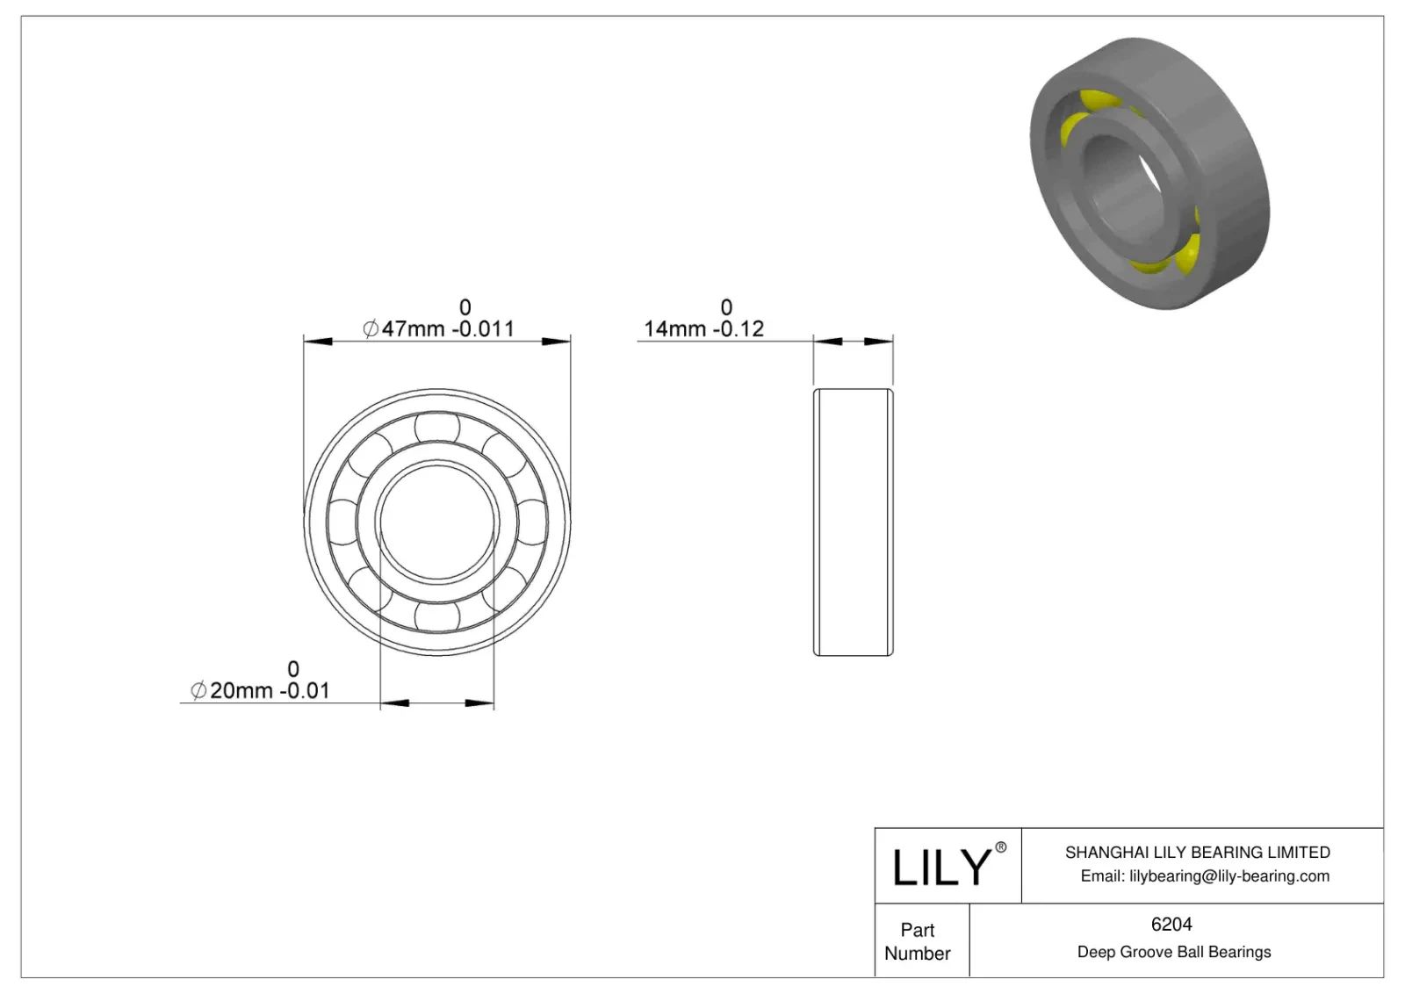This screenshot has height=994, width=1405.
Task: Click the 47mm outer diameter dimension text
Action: [x=413, y=329]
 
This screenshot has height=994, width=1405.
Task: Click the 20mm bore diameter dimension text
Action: [x=240, y=691]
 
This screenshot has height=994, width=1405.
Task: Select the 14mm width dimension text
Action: [x=674, y=329]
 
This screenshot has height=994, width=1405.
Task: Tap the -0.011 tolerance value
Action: [x=483, y=329]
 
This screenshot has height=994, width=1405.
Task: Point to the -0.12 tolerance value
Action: [x=738, y=329]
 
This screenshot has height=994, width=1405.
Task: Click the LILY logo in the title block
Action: [x=941, y=867]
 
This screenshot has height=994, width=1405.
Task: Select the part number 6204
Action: [x=1171, y=924]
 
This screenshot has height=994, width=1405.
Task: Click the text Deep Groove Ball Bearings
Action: [x=1173, y=952]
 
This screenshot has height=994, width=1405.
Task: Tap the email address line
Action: [x=1204, y=875]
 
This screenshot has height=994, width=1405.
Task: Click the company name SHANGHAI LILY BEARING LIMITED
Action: [x=1197, y=852]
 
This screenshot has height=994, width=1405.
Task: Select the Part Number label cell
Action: [x=918, y=941]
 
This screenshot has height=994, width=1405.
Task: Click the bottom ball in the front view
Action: [x=437, y=616]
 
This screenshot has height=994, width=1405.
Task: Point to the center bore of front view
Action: [x=437, y=522]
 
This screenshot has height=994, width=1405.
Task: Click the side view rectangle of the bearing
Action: [x=853, y=522]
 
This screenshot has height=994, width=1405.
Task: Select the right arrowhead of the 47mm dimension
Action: [x=558, y=341]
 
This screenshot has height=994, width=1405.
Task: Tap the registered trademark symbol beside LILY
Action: [x=1000, y=847]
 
